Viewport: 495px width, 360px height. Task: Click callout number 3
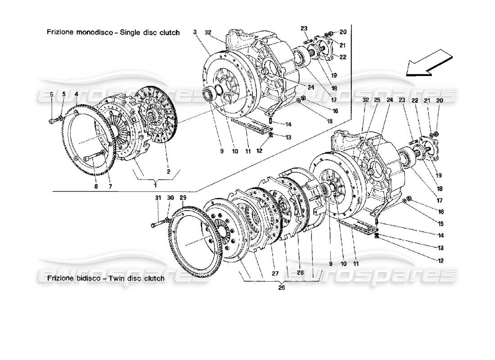click(195, 32)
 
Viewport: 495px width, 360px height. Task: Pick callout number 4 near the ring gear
click(76, 94)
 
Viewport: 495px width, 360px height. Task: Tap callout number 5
click(63, 94)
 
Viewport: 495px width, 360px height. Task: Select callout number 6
click(51, 94)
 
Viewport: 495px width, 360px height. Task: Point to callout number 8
click(95, 185)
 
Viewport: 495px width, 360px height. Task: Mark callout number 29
click(182, 198)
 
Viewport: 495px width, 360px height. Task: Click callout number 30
click(170, 198)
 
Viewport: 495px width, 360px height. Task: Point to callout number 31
click(157, 198)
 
